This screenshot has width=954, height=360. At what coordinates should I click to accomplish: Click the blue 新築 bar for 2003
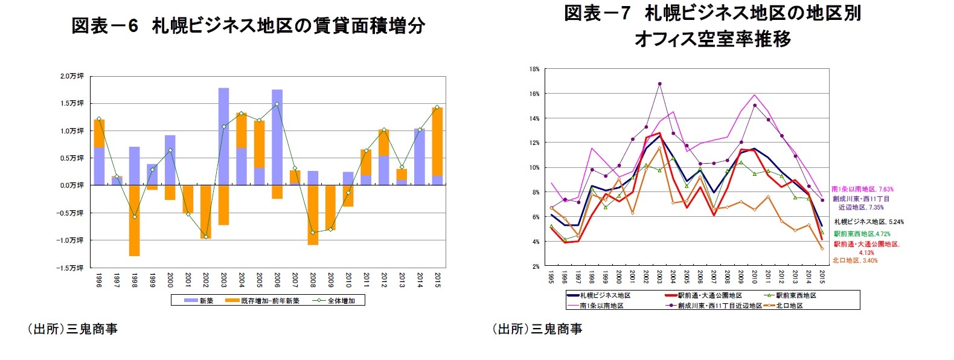[223, 136]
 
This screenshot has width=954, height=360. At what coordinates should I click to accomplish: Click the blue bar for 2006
[277, 137]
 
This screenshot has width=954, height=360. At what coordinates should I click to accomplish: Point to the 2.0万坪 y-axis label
[72, 76]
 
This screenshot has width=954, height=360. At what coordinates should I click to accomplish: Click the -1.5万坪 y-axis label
[71, 268]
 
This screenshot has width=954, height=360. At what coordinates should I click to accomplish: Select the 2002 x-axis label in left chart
[205, 280]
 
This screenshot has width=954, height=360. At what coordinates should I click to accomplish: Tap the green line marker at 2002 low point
[206, 237]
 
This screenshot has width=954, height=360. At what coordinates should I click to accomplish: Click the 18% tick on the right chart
[534, 69]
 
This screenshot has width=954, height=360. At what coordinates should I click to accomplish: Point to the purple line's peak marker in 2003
[660, 84]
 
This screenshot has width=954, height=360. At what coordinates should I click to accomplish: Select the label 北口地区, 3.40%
[855, 260]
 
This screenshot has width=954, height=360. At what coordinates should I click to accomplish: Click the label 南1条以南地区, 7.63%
[862, 189]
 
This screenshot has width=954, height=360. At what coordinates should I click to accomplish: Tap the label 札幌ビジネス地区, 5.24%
[869, 222]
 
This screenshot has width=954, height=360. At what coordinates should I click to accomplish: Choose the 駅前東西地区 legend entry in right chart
[796, 295]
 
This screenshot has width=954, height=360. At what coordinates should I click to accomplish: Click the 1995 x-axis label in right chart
[551, 277]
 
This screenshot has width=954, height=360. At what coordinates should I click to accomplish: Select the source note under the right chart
[537, 329]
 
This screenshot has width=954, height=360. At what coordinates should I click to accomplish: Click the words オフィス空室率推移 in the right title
[712, 39]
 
